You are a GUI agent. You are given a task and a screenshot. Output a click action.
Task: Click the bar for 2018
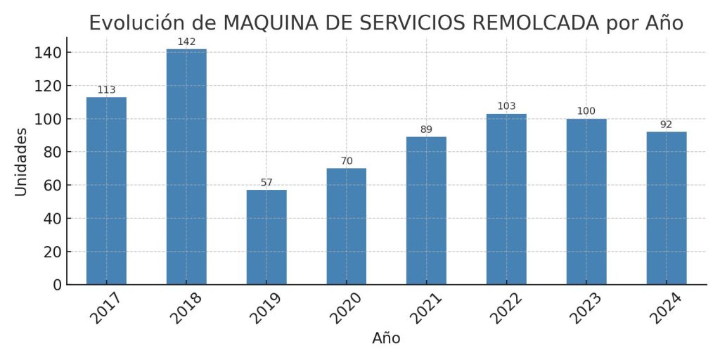(x=186, y=167)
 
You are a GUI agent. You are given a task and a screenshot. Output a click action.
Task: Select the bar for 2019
(x=266, y=237)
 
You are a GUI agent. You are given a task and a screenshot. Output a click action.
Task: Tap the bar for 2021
(x=426, y=210)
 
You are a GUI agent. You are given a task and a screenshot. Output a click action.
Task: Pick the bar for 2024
(x=666, y=208)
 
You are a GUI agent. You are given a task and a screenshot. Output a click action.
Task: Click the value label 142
(x=186, y=41)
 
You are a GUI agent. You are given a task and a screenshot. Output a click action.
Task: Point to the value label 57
(x=266, y=183)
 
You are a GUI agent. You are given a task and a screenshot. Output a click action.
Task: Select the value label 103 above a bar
(x=506, y=106)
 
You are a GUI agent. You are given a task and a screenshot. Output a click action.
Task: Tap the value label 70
(x=347, y=161)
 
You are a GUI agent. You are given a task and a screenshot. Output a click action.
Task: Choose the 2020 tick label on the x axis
(x=347, y=309)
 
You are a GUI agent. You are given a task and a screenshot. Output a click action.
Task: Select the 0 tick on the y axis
(x=56, y=285)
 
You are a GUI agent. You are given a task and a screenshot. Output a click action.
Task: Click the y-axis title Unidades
(x=21, y=161)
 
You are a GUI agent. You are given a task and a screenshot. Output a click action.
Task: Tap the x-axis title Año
(x=386, y=338)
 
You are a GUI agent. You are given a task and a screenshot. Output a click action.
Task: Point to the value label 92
(x=666, y=124)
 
